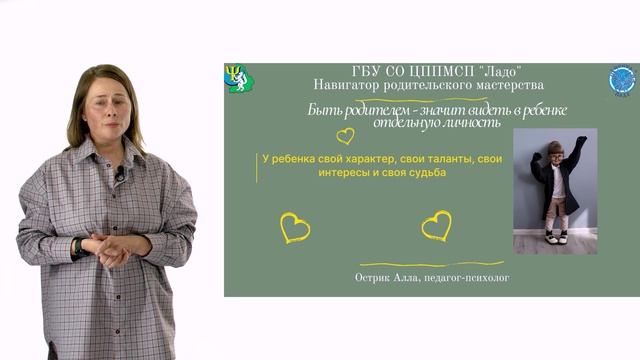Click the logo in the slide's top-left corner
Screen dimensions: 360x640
click(239, 78)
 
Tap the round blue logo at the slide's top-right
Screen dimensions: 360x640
click(623, 80)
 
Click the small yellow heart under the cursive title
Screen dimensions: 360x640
click(345, 135)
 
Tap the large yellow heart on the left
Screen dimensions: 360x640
click(295, 227)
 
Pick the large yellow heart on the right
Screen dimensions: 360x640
click(436, 225)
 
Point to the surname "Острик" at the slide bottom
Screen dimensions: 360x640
click(375, 277)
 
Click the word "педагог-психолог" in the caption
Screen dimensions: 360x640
click(465, 277)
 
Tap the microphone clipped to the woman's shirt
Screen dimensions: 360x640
click(120, 174)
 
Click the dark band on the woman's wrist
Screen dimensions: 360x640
click(78, 245)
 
